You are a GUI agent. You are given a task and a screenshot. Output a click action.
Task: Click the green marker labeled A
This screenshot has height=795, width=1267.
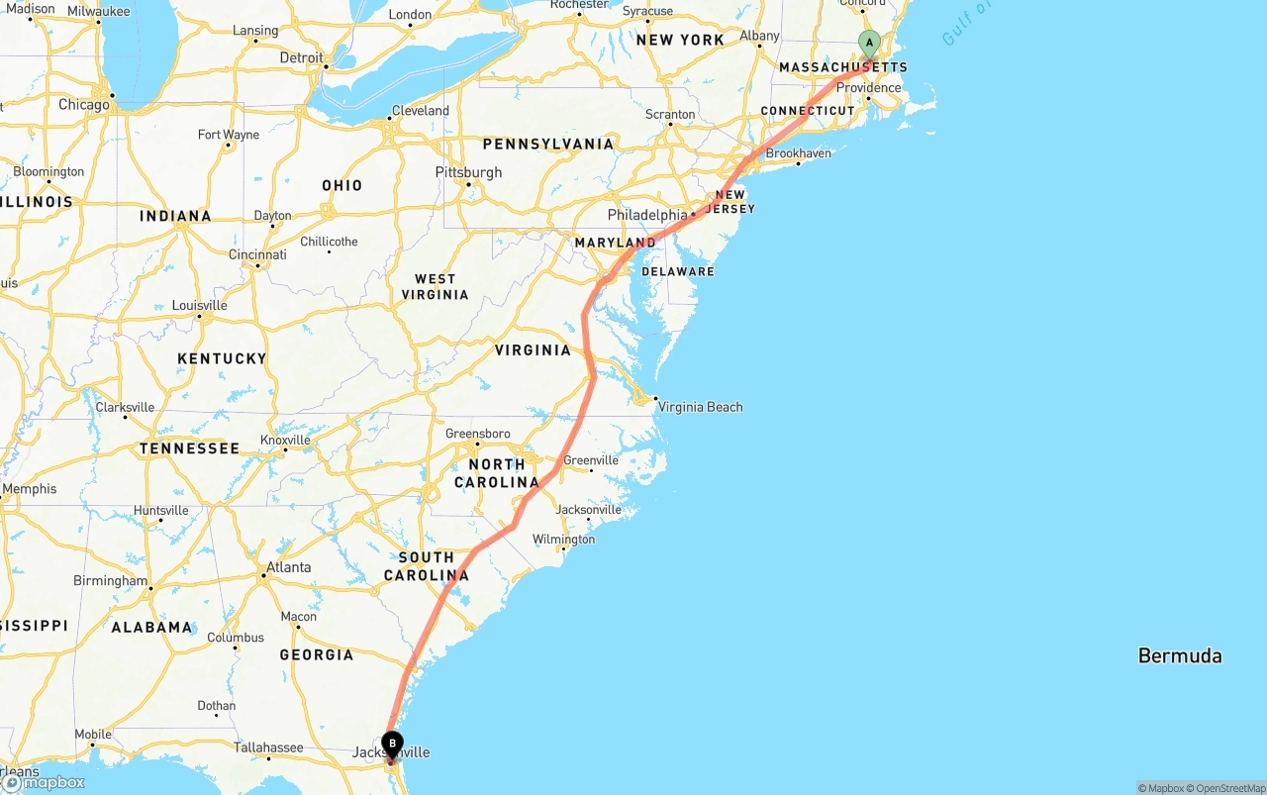[869, 44]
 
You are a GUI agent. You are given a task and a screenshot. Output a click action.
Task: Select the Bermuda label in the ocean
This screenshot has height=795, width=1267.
[1179, 655]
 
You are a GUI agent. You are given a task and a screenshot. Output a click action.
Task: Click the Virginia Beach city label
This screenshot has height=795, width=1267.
[700, 407]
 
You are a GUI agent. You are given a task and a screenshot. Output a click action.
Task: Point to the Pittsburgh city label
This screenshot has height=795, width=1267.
[468, 172]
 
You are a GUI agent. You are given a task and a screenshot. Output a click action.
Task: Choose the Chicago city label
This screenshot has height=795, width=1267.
[84, 105]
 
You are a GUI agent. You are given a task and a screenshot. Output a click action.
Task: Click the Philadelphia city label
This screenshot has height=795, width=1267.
[646, 215]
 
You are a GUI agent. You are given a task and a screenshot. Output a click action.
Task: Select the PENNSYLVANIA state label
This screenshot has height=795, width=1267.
[547, 145]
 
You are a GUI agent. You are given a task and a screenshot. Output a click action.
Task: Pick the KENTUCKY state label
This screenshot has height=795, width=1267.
[222, 358]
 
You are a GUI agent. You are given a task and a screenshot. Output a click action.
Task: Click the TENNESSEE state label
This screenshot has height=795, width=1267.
[189, 448]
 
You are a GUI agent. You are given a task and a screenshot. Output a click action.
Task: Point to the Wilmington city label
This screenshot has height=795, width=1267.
[563, 540]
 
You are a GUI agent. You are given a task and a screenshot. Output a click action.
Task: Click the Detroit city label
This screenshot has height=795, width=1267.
[301, 58]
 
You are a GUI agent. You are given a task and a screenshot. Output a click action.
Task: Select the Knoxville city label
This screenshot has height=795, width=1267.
[285, 441]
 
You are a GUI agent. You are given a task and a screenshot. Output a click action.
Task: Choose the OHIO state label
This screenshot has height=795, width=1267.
[341, 185]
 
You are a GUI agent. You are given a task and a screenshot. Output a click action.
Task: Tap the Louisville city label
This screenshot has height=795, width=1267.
[199, 305]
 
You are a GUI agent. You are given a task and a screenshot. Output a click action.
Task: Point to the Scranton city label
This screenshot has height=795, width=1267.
[670, 114]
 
